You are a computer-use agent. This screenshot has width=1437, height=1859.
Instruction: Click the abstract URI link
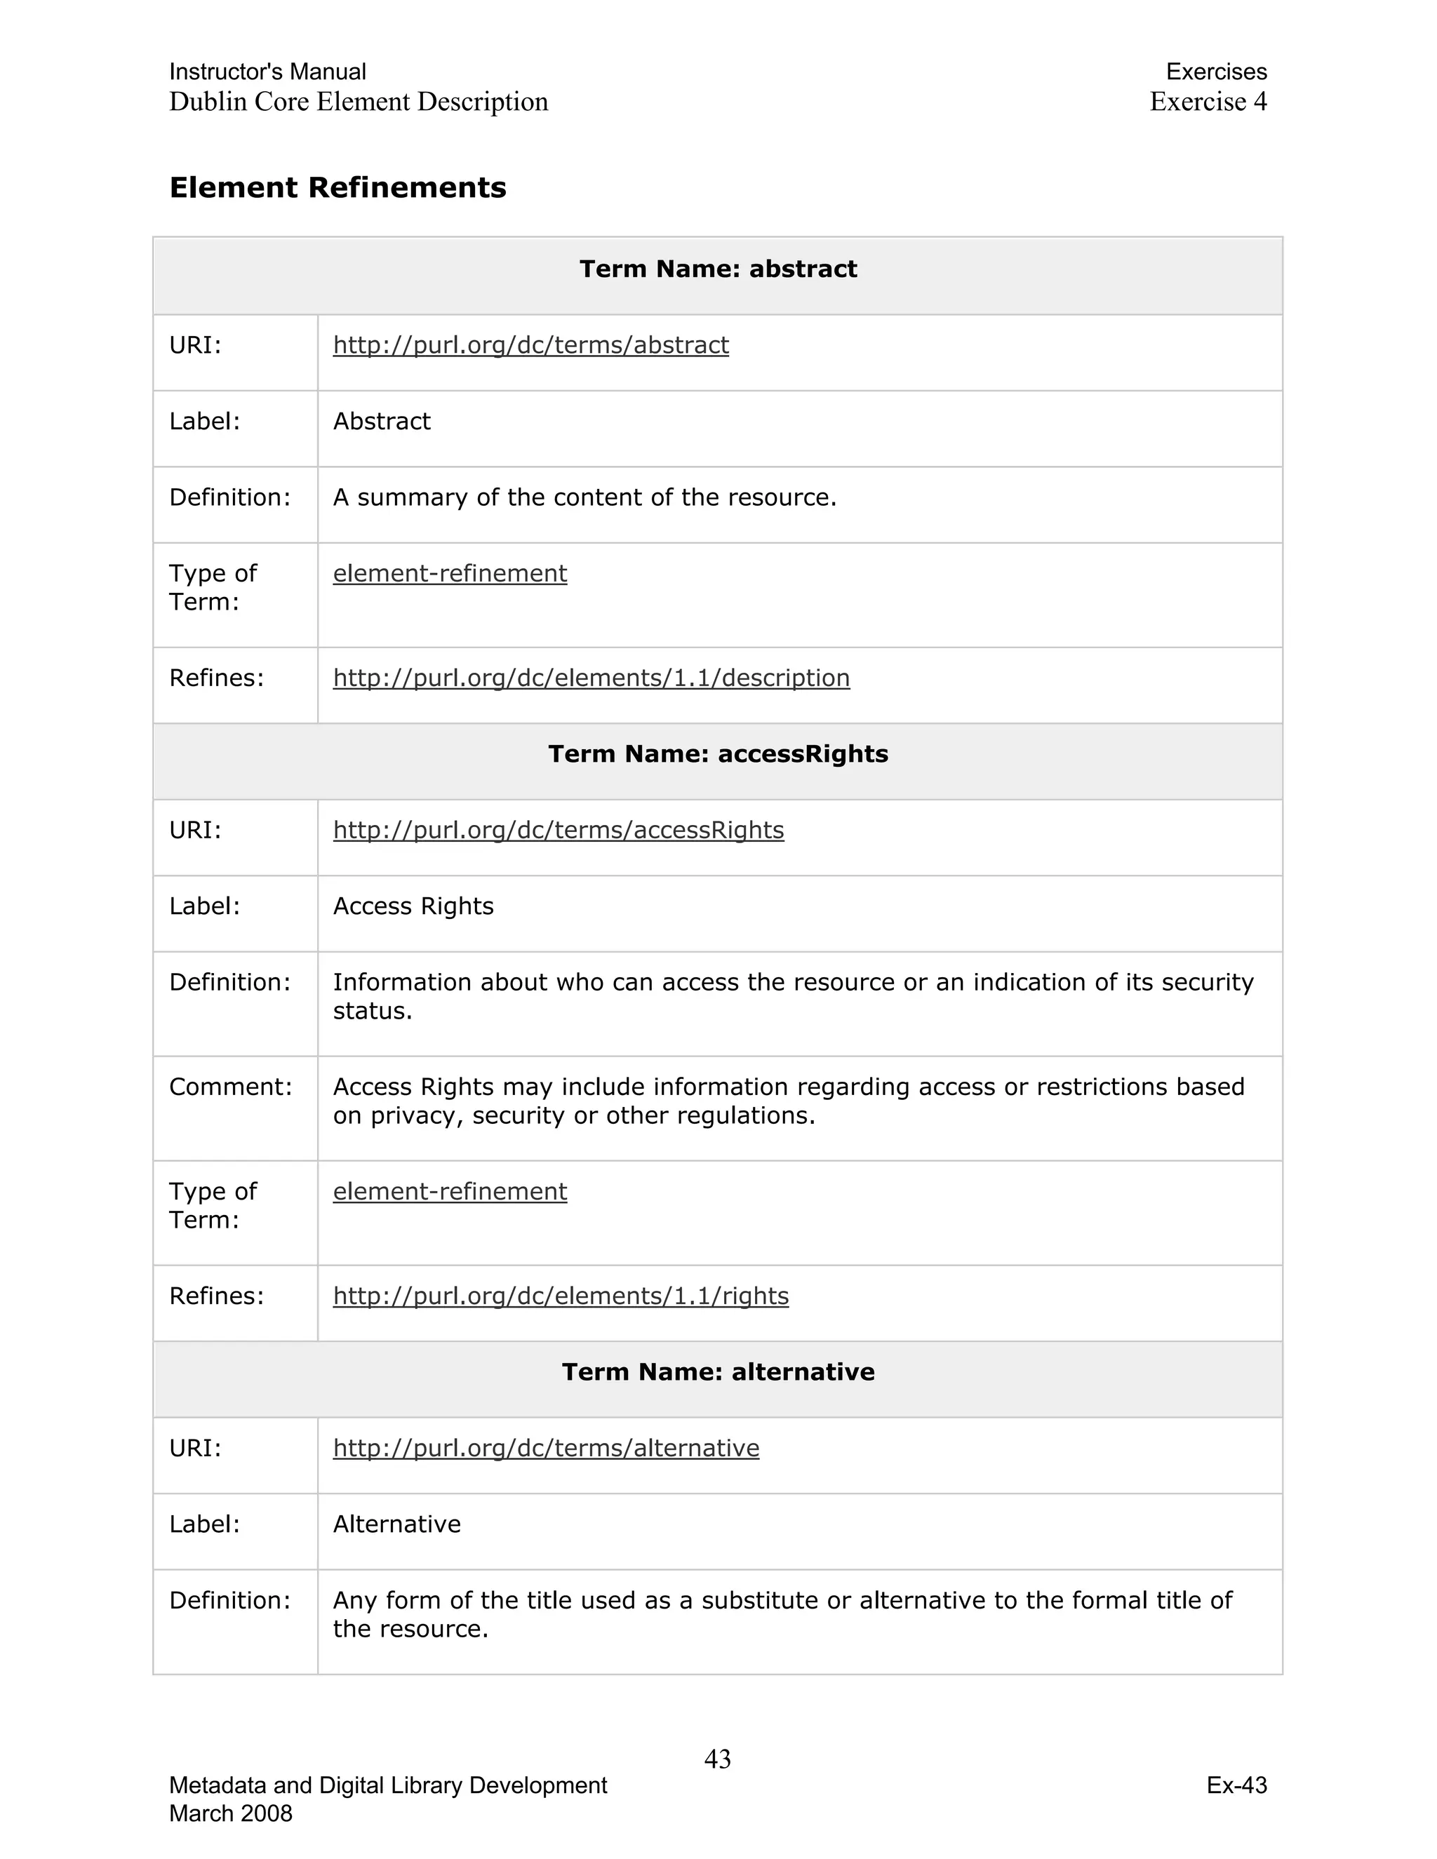point(530,344)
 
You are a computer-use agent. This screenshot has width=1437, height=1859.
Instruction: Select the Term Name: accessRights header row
point(718,754)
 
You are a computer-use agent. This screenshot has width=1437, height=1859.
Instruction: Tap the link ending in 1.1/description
point(591,678)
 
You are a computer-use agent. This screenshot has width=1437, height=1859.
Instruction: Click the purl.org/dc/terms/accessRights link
point(558,830)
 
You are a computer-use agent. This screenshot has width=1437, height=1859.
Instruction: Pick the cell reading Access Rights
point(413,906)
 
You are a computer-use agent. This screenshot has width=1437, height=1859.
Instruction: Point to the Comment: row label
point(231,1087)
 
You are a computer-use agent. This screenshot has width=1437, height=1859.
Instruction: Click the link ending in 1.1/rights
point(560,1296)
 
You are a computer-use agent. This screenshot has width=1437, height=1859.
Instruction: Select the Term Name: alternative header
point(718,1372)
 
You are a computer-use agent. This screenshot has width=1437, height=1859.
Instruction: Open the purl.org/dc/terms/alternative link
point(546,1448)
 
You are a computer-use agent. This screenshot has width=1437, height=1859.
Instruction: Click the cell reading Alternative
point(396,1524)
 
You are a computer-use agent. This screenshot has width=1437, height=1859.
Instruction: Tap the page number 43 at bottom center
point(718,1759)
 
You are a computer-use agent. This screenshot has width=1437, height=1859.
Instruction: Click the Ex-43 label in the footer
point(1236,1786)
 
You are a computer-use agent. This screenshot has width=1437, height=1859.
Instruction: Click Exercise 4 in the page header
point(1207,102)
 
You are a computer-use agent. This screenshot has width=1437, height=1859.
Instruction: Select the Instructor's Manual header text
point(267,72)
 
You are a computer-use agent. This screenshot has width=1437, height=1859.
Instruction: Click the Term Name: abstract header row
point(718,269)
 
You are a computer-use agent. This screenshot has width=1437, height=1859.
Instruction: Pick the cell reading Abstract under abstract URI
point(382,422)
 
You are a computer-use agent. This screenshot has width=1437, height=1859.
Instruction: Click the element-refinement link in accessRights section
point(450,1192)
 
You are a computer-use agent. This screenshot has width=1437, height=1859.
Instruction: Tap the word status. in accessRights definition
point(372,1011)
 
